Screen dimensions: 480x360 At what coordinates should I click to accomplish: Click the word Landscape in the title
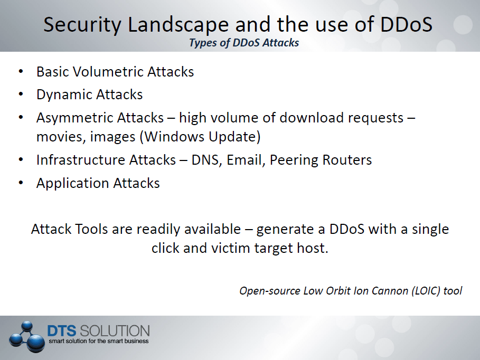[x=178, y=25]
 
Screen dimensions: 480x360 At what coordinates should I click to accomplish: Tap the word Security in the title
[x=82, y=25]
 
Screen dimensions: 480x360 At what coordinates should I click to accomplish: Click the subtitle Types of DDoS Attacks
[x=244, y=43]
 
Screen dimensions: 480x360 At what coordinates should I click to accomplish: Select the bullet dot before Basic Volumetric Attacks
[x=21, y=71]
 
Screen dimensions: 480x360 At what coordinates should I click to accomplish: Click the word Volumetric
[x=108, y=72]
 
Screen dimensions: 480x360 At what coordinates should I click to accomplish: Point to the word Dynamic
[x=60, y=94]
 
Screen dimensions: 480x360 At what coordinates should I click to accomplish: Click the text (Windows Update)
[x=200, y=137]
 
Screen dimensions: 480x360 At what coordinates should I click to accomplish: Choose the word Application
[x=72, y=183]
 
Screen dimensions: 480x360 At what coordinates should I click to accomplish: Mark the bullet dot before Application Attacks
[x=21, y=183]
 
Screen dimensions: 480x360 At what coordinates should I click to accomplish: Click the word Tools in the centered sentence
[x=91, y=229]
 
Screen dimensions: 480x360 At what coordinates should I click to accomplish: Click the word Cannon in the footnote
[x=390, y=291]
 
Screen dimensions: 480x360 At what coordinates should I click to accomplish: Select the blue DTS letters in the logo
[x=62, y=331]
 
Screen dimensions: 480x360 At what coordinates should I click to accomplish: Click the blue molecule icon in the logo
[x=25, y=336]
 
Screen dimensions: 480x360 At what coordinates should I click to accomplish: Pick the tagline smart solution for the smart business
[x=99, y=341]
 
